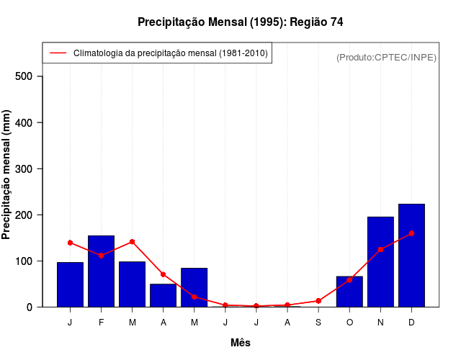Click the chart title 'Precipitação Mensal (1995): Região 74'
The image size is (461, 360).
click(240, 22)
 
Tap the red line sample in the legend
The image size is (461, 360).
click(58, 53)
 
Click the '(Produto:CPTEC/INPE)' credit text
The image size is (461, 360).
click(386, 57)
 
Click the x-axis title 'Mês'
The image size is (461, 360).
click(241, 343)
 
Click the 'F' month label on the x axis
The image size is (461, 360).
click(102, 322)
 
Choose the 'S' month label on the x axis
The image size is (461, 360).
click(318, 322)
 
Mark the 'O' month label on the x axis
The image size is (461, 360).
click(349, 322)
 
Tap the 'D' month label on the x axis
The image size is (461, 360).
click(411, 322)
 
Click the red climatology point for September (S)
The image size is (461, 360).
click(318, 301)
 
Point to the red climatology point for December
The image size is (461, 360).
click(411, 233)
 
